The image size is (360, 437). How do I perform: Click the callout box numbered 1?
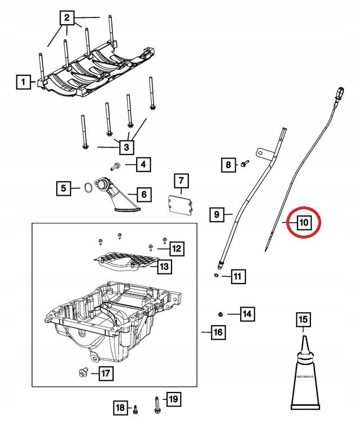coord(24,83)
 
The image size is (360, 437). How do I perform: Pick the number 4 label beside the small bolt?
coord(143,165)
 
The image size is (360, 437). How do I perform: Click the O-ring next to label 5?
coord(88,188)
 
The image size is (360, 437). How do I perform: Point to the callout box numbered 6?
coord(143,195)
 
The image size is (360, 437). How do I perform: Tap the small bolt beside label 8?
coord(244,164)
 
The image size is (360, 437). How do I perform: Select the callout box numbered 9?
coord(217,214)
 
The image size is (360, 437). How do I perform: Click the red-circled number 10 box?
coord(303,223)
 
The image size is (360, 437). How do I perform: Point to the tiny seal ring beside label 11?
coord(216,276)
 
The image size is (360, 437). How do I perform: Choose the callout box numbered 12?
coord(176,247)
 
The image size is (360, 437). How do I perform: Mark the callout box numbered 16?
coord(218,333)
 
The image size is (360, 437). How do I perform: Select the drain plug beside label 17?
coord(83,371)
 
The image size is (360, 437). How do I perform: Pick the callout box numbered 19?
coord(173,399)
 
